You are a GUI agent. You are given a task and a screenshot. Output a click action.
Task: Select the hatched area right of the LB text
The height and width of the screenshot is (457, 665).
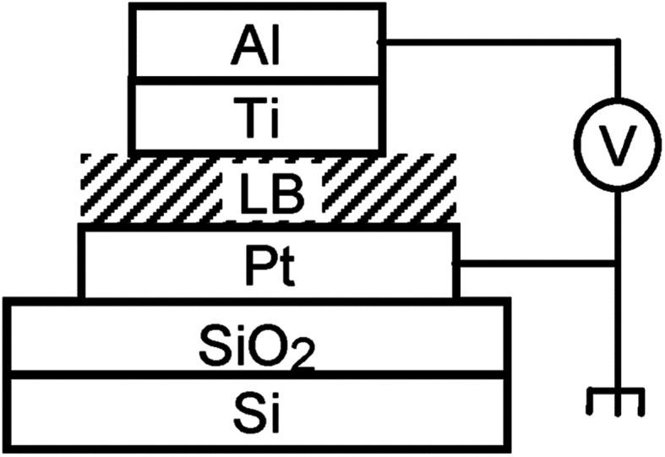pyautogui.click(x=389, y=189)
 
